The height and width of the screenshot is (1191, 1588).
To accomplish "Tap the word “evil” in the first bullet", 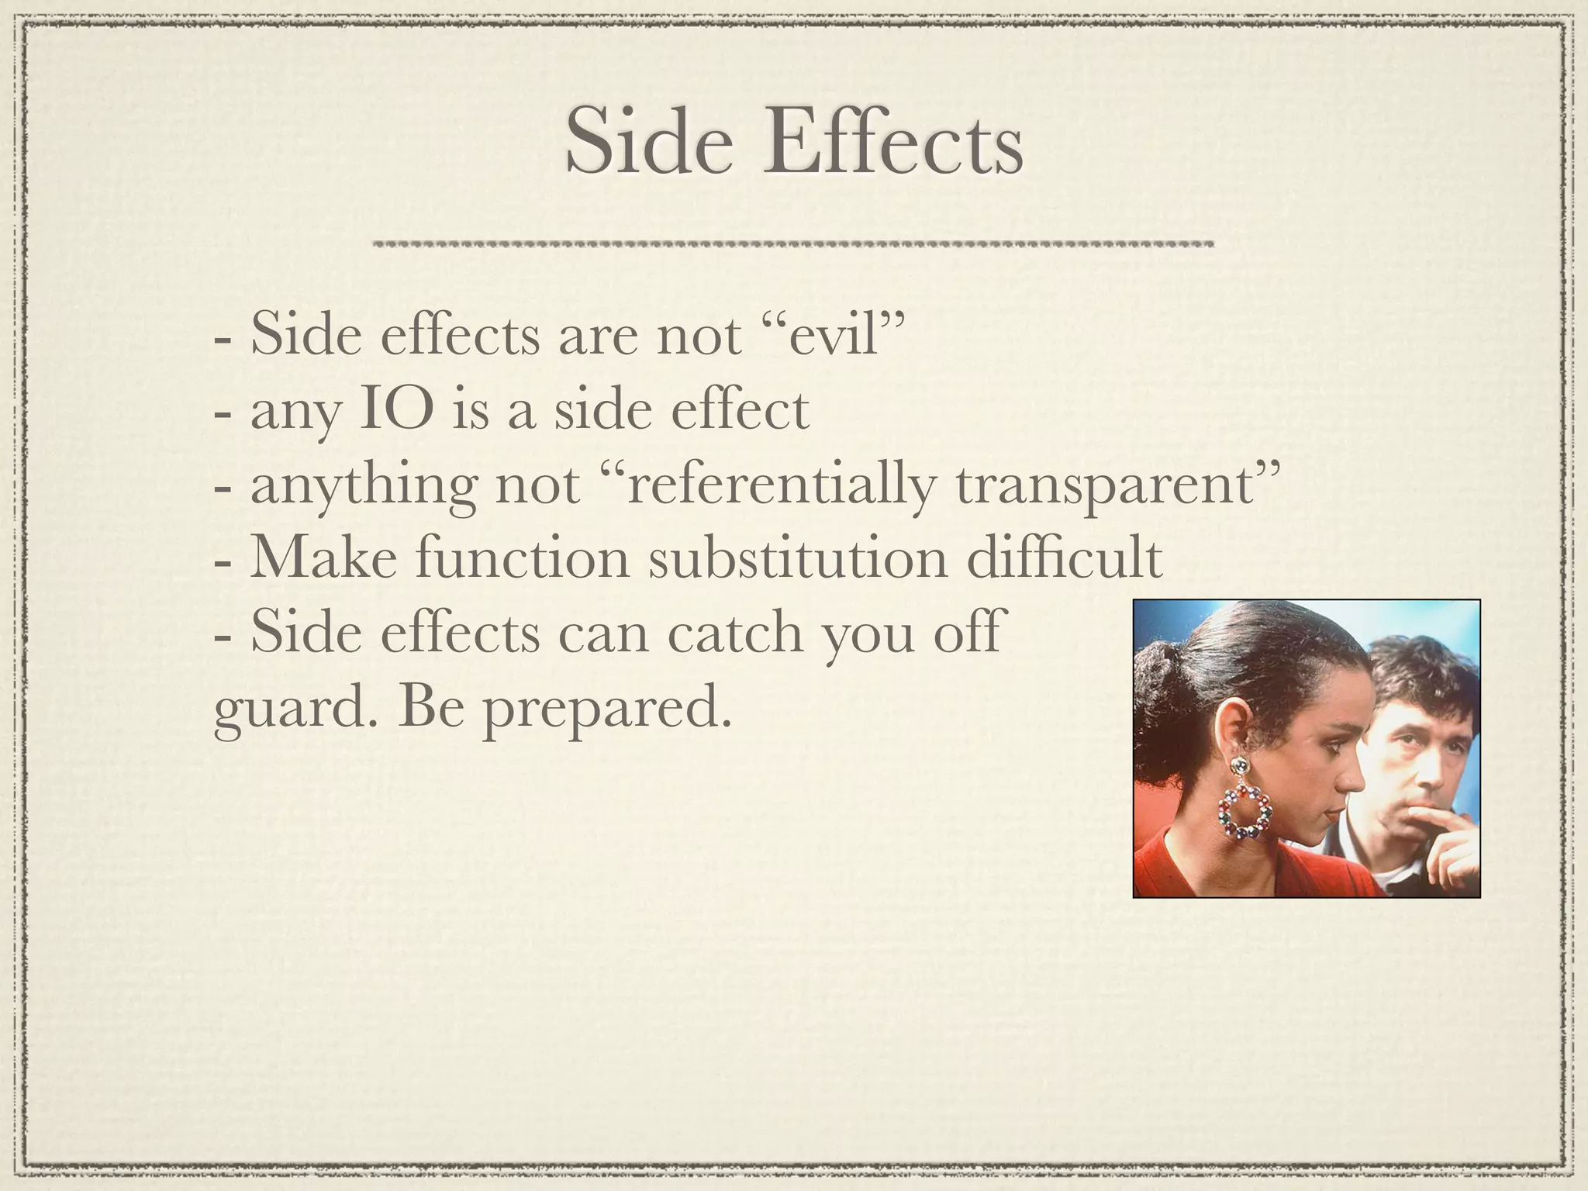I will point(830,335).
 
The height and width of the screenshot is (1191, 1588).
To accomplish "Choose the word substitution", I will point(798,558).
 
